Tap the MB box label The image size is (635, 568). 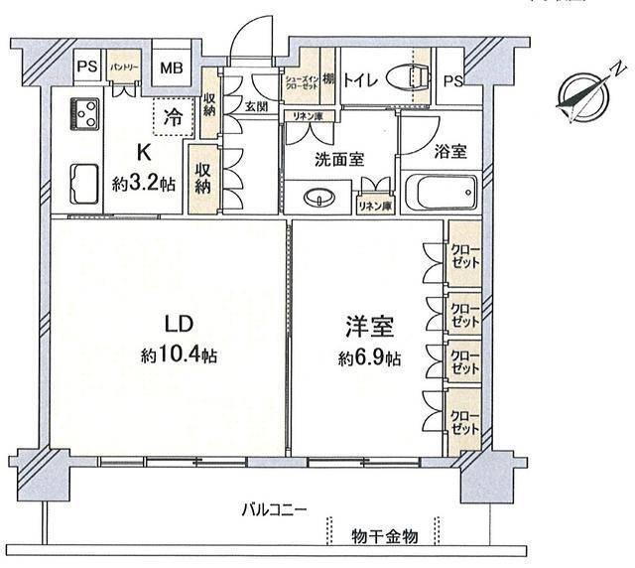(172, 70)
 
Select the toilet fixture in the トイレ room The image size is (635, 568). (408, 78)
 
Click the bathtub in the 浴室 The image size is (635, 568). (442, 190)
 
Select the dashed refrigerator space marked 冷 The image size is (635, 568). (173, 115)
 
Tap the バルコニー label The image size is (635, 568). (274, 510)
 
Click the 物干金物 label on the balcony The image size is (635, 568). (385, 536)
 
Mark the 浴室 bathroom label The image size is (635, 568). (450, 152)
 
